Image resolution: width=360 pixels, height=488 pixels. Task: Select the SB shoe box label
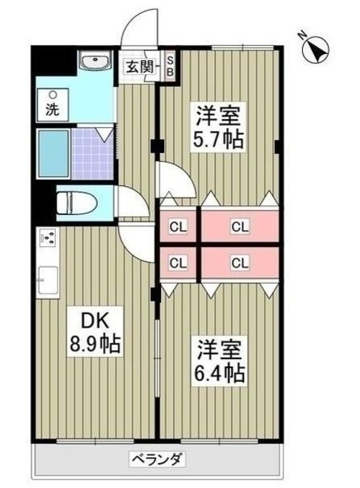[x=170, y=66]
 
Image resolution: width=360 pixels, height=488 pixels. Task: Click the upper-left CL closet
[x=178, y=226]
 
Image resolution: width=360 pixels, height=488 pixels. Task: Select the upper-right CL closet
[x=239, y=226]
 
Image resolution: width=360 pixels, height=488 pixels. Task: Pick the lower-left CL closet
[x=178, y=263]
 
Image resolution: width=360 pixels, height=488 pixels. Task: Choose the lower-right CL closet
[x=239, y=263]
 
